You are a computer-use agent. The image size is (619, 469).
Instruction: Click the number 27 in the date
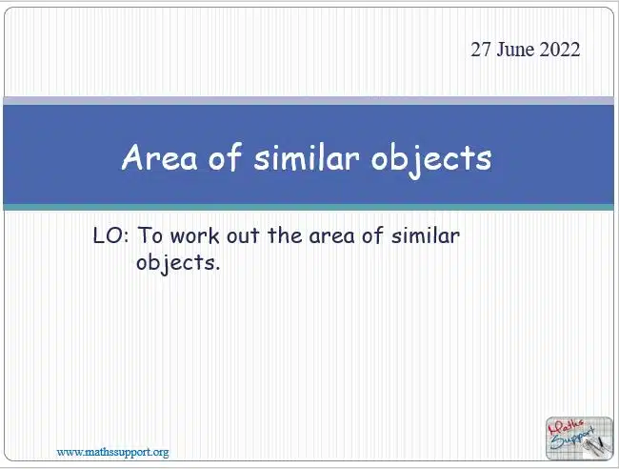481,50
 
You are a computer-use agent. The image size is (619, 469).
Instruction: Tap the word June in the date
515,50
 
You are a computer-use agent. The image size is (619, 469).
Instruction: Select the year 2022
560,50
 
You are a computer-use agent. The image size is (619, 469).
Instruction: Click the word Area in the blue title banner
159,157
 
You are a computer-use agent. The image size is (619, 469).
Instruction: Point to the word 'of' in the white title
225,156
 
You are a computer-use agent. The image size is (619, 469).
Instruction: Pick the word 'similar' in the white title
307,157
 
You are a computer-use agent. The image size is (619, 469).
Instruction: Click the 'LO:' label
110,235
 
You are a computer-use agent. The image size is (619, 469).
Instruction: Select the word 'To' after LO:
150,235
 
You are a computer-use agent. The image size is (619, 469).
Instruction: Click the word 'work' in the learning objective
195,235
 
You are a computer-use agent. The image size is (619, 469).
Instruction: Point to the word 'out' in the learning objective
243,236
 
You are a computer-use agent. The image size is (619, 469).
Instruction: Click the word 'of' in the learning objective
372,235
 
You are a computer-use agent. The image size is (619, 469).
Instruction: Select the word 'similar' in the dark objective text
426,235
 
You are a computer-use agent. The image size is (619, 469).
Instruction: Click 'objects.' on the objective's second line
178,263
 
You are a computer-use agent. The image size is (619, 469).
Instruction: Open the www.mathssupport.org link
112,452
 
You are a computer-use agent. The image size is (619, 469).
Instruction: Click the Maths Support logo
579,438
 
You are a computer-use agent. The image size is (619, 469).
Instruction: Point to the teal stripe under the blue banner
309,208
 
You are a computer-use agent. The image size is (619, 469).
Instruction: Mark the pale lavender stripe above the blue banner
309,100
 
